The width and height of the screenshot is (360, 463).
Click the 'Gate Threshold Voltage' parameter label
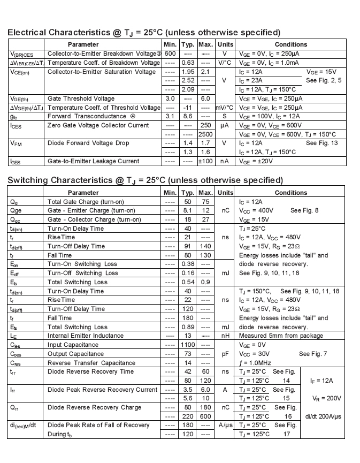81,98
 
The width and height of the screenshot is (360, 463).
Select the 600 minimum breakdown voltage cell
170,54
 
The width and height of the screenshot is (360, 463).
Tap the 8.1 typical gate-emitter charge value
188,211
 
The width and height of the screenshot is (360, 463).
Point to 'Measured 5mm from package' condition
281,336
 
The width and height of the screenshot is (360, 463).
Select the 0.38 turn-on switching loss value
188,264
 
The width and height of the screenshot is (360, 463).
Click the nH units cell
225,336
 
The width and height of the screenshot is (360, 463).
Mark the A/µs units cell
225,426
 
